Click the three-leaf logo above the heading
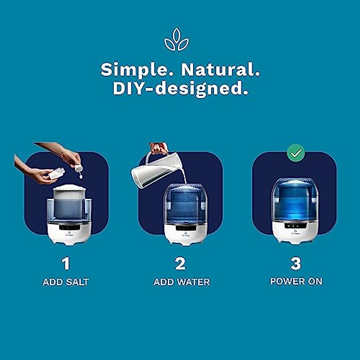point(176,40)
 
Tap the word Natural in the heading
point(220,70)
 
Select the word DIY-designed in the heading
point(180,88)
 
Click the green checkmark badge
point(296,153)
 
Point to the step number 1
point(66,264)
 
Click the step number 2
point(180,264)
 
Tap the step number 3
point(296,263)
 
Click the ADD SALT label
point(66,282)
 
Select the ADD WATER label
point(182,282)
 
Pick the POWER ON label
point(296,281)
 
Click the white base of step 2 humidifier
point(182,234)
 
